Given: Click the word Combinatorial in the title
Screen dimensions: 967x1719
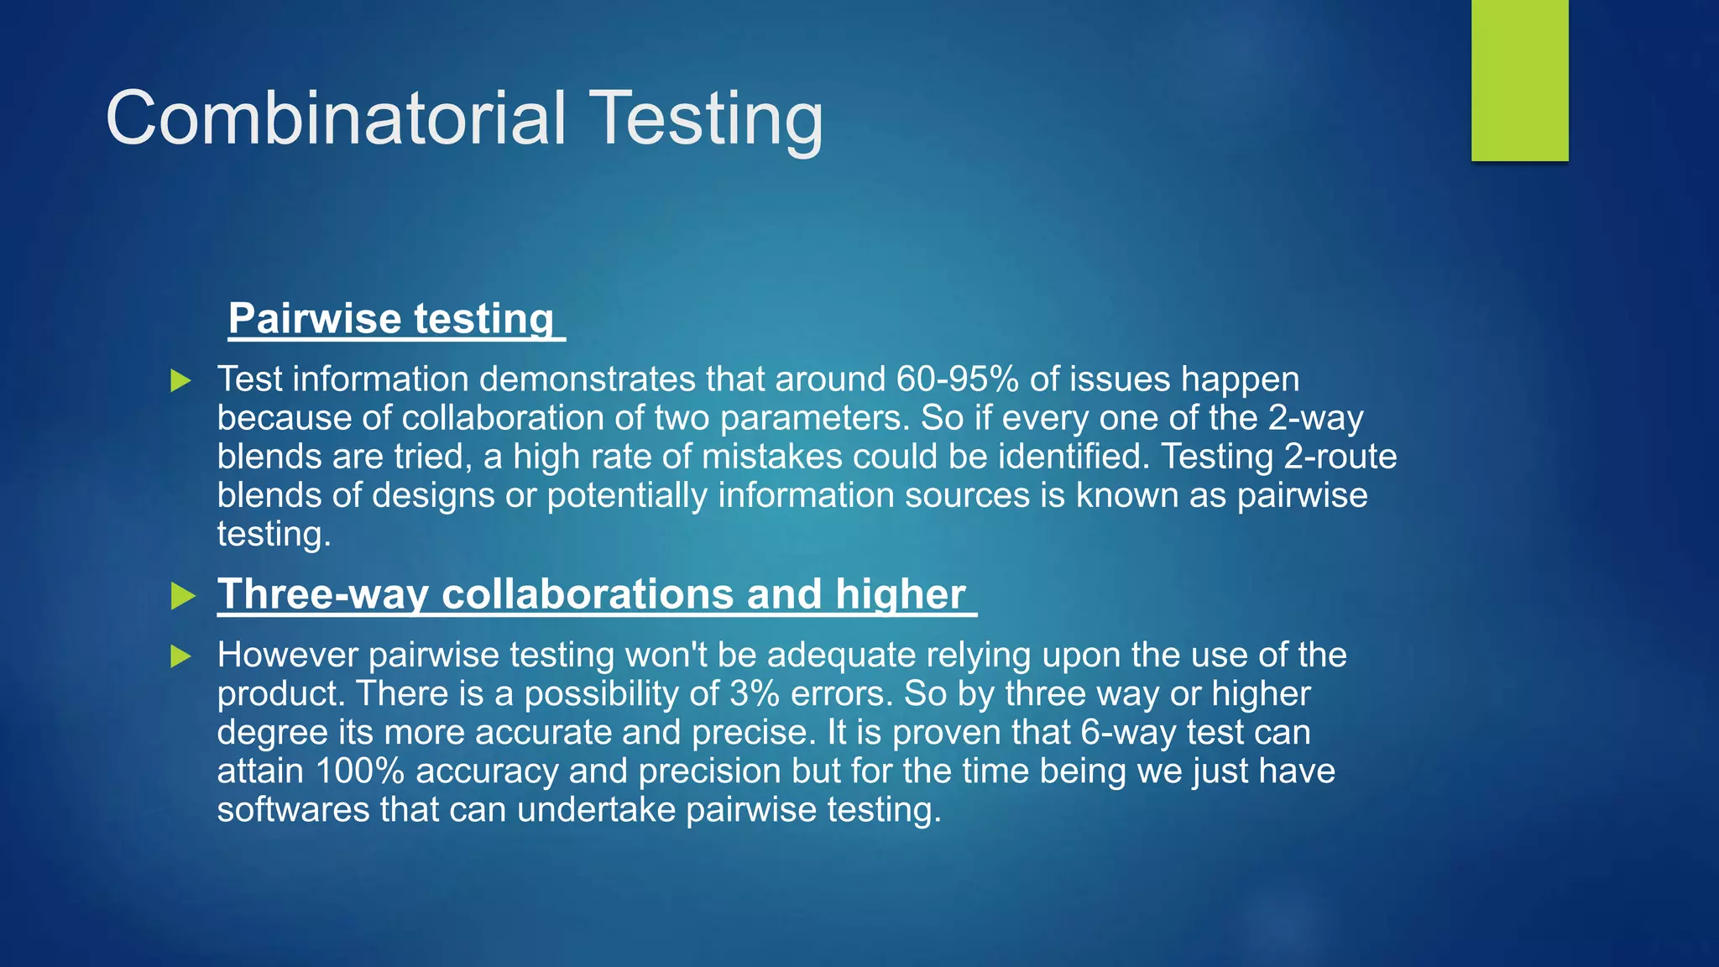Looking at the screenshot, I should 336,119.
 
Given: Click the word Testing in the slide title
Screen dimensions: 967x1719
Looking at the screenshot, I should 708,119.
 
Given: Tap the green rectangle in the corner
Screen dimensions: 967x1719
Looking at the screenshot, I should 1519,80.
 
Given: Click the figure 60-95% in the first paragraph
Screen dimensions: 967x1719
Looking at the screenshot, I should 957,379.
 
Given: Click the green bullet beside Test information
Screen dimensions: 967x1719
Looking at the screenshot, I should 180,380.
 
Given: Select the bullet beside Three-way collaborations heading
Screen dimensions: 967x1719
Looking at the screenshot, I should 182,596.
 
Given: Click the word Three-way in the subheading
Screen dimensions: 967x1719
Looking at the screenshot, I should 323,594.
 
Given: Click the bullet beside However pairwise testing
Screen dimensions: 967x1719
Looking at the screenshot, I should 180,656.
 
